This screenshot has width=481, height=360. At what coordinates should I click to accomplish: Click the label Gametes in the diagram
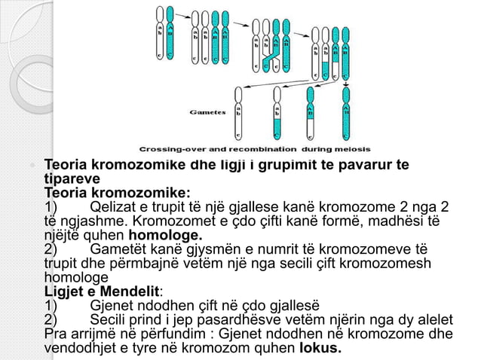(x=208, y=112)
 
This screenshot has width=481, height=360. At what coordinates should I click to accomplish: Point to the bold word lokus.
(x=320, y=348)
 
